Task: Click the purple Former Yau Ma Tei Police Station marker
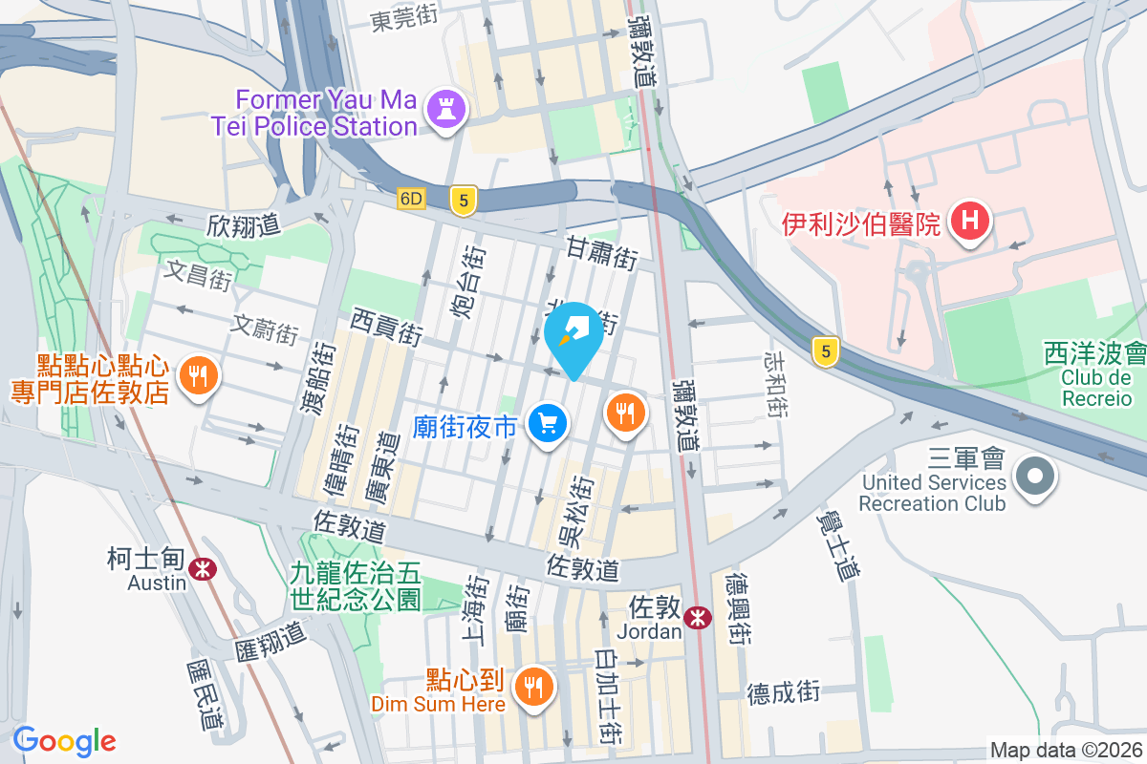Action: coord(445,110)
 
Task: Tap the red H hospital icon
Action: coord(970,222)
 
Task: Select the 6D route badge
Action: coord(411,199)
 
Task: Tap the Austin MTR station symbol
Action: coord(202,570)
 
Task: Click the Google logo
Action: coord(64,741)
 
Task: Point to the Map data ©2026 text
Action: coord(1065,751)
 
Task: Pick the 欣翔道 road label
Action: coord(244,225)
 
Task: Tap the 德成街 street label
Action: coord(784,691)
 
